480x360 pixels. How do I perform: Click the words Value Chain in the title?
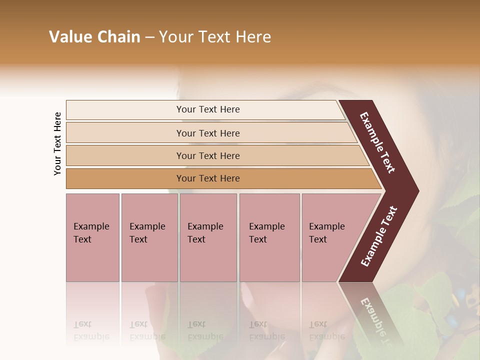(94, 37)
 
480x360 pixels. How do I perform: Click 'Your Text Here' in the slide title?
(215, 37)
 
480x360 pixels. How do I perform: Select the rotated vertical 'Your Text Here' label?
(57, 143)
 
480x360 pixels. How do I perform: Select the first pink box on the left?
(92, 237)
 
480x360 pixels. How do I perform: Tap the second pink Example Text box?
(149, 237)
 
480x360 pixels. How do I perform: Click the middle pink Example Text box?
(208, 237)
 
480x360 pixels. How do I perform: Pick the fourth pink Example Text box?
(269, 237)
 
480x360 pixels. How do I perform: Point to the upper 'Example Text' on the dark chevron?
(378, 142)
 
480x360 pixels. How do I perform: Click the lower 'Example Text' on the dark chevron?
(378, 236)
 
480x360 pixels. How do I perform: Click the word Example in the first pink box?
(91, 226)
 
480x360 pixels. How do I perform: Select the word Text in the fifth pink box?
(318, 239)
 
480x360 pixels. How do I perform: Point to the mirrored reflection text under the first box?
(91, 330)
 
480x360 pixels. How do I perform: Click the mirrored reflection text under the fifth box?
(318, 330)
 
